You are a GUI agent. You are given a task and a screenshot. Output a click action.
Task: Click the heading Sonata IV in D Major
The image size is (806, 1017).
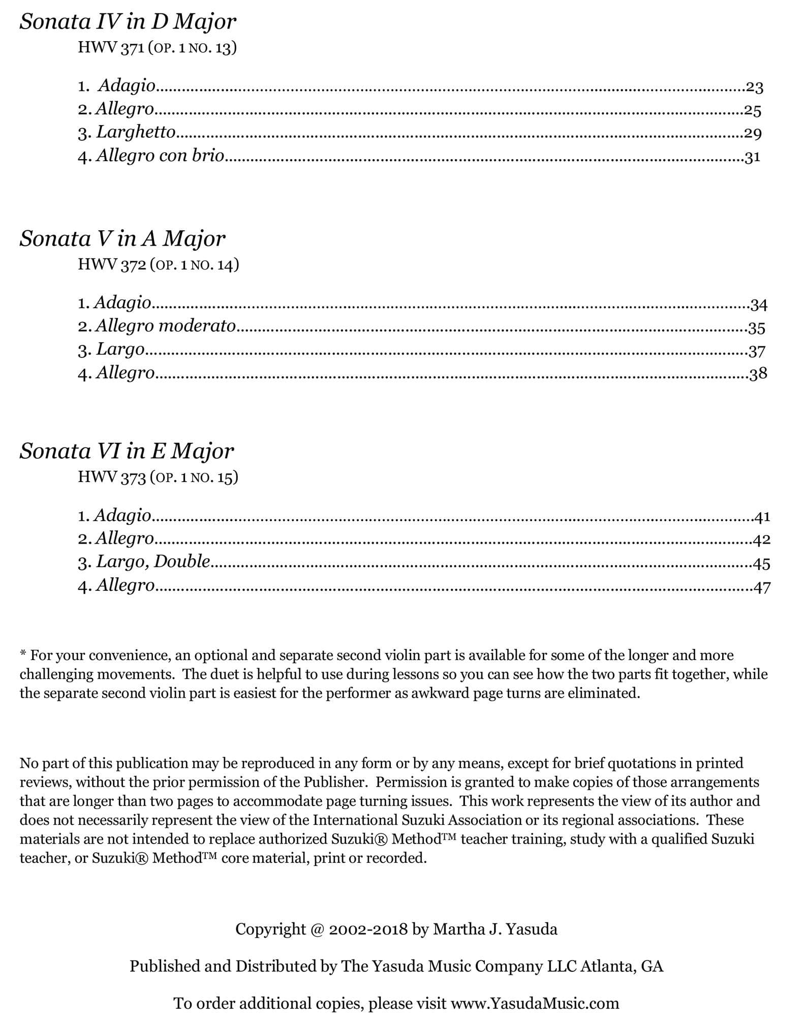tap(128, 22)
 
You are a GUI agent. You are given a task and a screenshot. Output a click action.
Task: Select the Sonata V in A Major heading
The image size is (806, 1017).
tap(122, 238)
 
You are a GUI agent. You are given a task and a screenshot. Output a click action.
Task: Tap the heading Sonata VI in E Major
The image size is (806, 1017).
tap(127, 451)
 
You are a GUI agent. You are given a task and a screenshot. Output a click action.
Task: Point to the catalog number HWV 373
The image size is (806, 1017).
tap(112, 477)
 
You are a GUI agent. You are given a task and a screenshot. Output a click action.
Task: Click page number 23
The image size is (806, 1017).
tap(754, 87)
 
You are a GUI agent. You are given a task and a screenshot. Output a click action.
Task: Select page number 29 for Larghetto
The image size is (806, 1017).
tap(753, 134)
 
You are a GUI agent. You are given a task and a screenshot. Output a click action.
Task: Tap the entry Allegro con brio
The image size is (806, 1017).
tap(160, 156)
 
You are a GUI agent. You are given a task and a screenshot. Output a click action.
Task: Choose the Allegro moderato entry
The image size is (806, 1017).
tap(165, 325)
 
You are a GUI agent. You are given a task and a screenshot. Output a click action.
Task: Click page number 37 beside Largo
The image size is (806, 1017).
tap(757, 351)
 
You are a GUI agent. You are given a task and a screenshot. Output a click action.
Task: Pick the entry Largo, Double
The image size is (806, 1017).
tap(153, 561)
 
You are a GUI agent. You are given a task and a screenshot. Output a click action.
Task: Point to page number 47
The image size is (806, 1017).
tap(762, 588)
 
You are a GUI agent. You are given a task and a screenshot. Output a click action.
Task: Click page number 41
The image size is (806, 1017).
tap(762, 517)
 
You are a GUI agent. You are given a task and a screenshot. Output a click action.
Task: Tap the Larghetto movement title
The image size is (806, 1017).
tap(136, 132)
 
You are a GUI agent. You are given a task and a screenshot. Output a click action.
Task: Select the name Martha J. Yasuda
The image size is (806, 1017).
tap(495, 930)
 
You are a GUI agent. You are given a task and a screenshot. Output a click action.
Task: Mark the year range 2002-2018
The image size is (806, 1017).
tap(368, 930)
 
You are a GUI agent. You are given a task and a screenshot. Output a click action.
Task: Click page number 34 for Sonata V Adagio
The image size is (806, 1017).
tap(758, 305)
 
